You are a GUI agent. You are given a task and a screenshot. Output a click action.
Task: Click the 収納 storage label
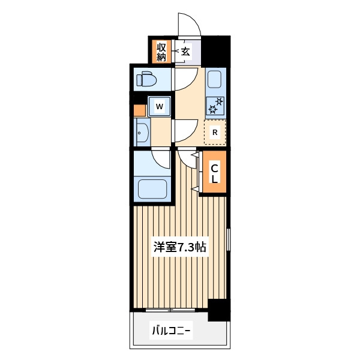[161, 52]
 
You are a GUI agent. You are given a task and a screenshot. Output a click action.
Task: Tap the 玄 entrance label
[185, 52]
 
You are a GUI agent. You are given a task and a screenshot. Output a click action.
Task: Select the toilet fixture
[146, 79]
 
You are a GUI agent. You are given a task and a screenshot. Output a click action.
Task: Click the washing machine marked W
[160, 106]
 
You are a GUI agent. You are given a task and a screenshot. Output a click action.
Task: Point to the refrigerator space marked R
[215, 132]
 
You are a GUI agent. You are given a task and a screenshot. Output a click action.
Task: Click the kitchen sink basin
[214, 79]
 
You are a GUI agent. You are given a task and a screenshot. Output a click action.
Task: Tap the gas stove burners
[215, 106]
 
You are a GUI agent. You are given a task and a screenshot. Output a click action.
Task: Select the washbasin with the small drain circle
[143, 132]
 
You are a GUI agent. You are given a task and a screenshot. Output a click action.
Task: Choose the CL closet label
[215, 174]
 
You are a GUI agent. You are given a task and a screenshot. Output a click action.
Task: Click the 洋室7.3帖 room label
[180, 247]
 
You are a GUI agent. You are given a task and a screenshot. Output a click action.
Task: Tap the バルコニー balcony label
[171, 331]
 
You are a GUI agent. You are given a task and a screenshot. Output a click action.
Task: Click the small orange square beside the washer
[140, 110]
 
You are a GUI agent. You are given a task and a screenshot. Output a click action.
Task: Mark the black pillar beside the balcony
[219, 310]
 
